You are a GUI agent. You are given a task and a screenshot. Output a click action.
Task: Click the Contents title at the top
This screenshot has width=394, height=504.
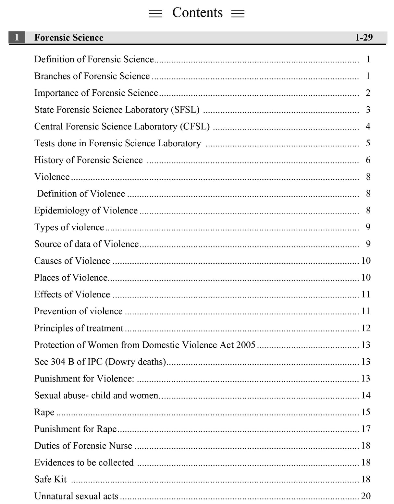[197, 13]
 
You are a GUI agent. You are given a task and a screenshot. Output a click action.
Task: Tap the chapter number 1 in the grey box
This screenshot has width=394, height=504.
[17, 37]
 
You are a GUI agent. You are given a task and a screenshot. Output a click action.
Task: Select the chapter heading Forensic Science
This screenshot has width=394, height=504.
[69, 38]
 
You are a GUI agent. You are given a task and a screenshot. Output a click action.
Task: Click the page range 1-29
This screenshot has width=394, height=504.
[363, 38]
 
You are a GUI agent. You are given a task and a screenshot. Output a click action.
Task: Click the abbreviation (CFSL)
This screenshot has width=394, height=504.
[195, 126]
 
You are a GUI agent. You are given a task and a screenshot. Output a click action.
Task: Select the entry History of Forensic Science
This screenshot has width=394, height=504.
[88, 160]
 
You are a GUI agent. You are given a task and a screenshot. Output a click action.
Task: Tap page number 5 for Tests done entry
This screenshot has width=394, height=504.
[368, 143]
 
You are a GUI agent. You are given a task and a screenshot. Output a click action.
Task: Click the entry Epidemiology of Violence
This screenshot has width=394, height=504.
[86, 210]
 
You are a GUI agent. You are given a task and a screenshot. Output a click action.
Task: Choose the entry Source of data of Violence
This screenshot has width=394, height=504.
[86, 244]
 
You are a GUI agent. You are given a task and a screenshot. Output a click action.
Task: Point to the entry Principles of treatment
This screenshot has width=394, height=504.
[79, 328]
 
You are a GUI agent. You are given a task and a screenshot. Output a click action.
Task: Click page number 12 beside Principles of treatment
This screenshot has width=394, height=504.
[366, 328]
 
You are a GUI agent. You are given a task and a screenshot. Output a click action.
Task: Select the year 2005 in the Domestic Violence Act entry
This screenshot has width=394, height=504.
[246, 345]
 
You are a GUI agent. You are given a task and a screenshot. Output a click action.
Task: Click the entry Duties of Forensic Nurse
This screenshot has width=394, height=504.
[83, 446]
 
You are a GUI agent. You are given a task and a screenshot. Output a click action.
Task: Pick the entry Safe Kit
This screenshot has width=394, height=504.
[50, 479]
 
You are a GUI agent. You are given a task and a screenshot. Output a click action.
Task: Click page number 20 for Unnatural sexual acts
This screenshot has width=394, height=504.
[366, 496]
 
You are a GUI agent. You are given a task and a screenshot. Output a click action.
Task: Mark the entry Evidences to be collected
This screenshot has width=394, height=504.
[84, 462]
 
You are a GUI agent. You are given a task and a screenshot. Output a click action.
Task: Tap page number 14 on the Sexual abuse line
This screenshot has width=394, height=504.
[366, 395]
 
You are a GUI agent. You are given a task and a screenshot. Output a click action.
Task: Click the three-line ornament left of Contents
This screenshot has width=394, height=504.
[155, 14]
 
